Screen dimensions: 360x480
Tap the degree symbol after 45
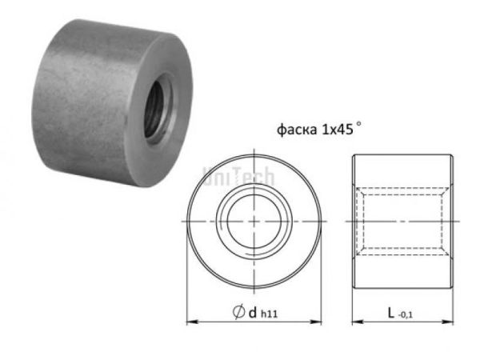point(360,125)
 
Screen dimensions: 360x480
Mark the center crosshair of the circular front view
point(253,221)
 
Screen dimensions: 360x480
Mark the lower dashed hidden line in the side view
point(404,253)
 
